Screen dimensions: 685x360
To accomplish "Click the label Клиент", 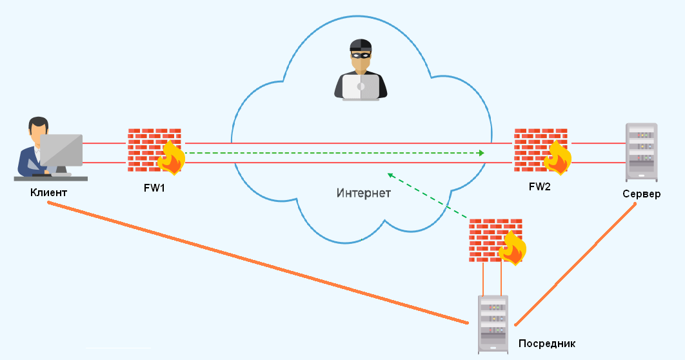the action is (48, 192).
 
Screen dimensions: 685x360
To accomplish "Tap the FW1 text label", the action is (154, 188).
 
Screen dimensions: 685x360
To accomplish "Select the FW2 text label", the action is (539, 186).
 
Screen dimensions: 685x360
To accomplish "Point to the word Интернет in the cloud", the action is (364, 193).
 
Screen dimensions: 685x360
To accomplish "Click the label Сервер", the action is (641, 194).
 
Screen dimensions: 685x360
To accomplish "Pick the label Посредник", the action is (546, 343).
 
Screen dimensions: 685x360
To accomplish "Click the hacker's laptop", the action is (361, 87).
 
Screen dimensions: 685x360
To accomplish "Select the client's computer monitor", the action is (61, 150).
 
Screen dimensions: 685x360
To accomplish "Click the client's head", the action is (37, 128).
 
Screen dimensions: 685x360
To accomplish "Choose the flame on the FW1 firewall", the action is (172, 157).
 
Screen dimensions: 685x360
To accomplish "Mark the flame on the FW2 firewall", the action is (558, 157).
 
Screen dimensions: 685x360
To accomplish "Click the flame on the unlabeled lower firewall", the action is (513, 248).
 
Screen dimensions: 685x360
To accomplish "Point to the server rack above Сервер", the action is (641, 152).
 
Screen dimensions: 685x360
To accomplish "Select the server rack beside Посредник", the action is (493, 324).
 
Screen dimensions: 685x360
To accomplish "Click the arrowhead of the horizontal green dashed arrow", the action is (482, 153).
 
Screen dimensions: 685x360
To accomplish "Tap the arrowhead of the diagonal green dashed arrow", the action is (391, 175).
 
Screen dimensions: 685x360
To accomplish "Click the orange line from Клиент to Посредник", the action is (258, 263).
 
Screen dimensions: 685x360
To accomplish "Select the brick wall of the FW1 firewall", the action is (154, 150).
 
